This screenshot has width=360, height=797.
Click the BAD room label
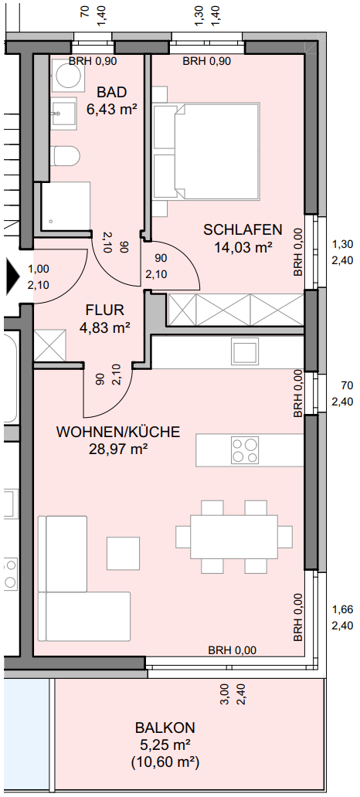[x=112, y=93]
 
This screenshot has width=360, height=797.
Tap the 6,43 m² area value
[x=112, y=110]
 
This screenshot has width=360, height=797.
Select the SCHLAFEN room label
[x=243, y=229]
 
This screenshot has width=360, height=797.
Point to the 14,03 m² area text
[x=243, y=247]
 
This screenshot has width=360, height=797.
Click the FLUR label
[x=105, y=310]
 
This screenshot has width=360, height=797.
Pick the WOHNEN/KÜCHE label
[x=118, y=432]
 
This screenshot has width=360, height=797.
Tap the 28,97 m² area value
[x=117, y=449]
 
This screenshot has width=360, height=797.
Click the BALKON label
[x=165, y=727]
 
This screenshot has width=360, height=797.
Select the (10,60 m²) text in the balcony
[x=165, y=762]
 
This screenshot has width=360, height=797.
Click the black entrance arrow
[x=12, y=276]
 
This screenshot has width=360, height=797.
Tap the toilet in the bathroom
[x=66, y=155]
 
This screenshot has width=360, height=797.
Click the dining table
[x=234, y=537]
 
